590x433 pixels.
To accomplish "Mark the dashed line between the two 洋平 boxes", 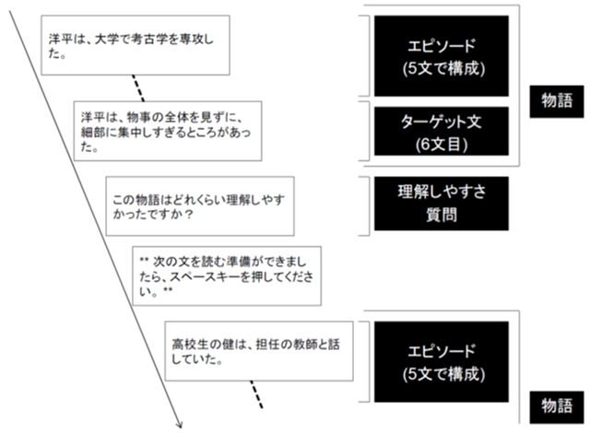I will (x=137, y=90).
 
